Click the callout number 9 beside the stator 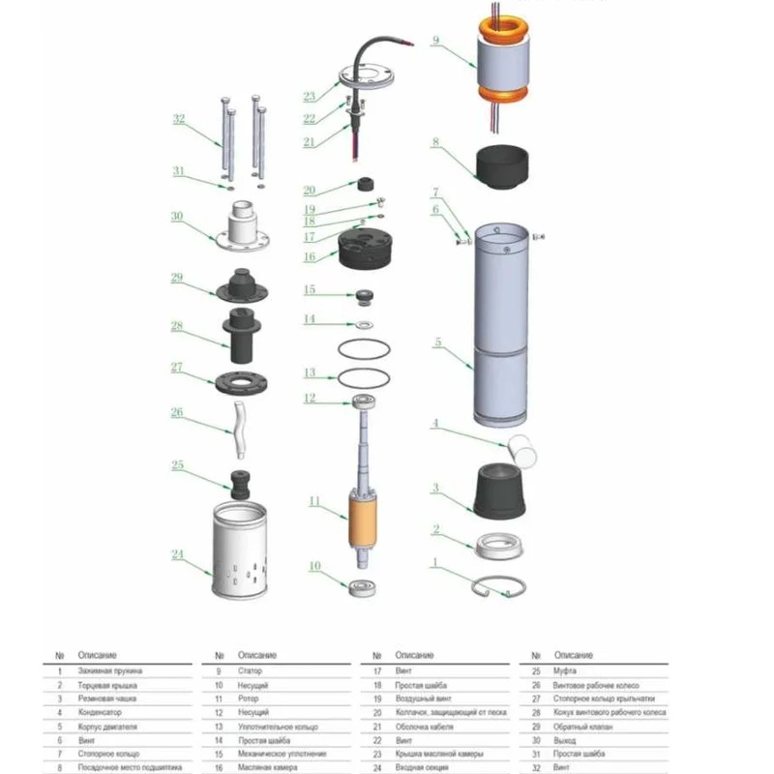click(x=436, y=42)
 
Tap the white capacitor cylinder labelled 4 click(x=523, y=447)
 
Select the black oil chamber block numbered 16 click(x=367, y=251)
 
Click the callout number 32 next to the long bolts click(x=178, y=120)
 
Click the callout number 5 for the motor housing click(x=438, y=342)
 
